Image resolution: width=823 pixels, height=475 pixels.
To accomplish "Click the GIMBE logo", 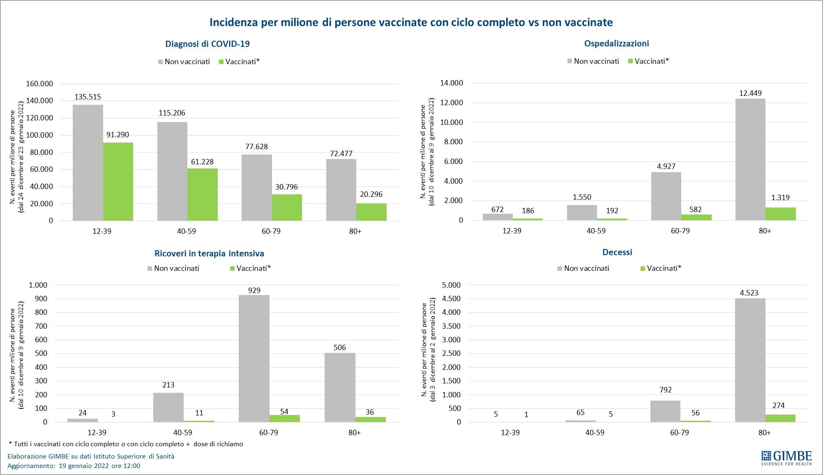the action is tap(786, 458).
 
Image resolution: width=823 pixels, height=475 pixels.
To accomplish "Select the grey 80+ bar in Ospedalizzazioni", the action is tap(750, 159).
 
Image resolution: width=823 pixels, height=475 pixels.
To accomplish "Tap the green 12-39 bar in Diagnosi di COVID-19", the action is tap(118, 182).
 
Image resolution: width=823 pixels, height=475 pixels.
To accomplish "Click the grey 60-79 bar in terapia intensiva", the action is tap(254, 358).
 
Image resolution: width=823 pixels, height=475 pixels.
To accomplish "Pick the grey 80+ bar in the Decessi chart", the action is tap(750, 360).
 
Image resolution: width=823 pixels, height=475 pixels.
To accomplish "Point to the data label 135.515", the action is tap(88, 97).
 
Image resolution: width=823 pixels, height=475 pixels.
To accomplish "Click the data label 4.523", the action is tap(749, 293).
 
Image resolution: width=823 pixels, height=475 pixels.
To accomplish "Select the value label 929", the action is tap(254, 290).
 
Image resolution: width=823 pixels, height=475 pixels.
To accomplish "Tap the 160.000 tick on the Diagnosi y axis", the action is tap(39, 84).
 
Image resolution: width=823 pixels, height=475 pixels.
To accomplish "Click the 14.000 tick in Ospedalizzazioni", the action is tap(451, 83).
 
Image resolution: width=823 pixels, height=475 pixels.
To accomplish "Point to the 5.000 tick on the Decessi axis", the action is tap(451, 285).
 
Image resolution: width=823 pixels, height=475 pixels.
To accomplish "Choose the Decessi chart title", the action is tap(617, 252).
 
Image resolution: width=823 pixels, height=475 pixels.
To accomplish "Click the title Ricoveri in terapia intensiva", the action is tap(209, 254).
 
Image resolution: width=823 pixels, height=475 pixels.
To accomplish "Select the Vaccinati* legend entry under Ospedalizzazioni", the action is tap(649, 61).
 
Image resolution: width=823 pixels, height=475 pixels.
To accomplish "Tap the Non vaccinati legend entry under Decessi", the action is tap(583, 268).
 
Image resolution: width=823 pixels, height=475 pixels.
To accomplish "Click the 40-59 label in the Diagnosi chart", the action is tap(187, 231).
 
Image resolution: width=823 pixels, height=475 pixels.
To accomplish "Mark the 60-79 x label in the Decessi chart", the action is tap(680, 433).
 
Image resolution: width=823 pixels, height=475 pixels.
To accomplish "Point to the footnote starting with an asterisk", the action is tap(126, 444).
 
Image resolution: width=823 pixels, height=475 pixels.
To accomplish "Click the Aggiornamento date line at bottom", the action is tap(74, 466).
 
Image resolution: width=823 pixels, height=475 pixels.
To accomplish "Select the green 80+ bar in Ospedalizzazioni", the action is tap(781, 214).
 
